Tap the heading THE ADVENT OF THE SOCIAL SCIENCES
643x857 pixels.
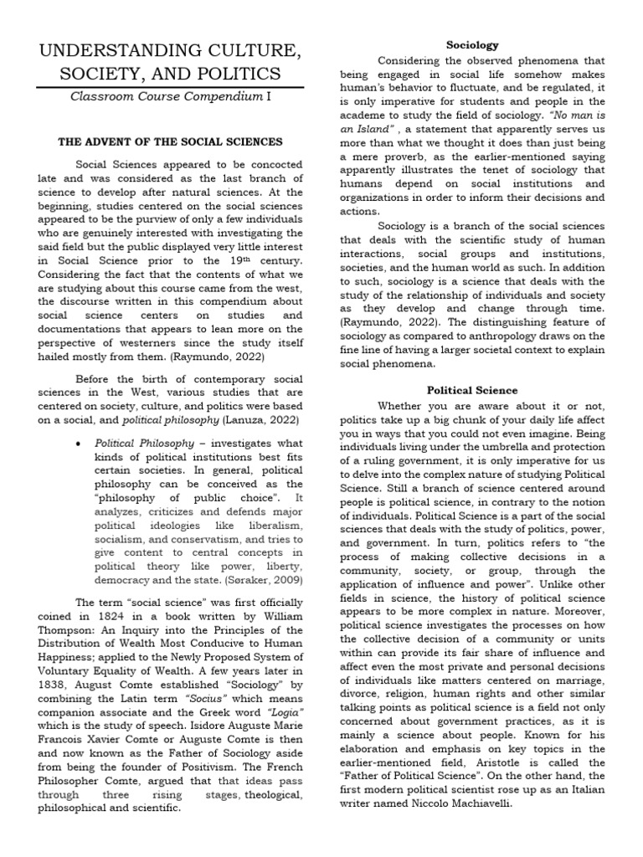click(169, 142)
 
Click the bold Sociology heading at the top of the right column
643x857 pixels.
click(473, 44)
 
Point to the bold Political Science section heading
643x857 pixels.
click(472, 390)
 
